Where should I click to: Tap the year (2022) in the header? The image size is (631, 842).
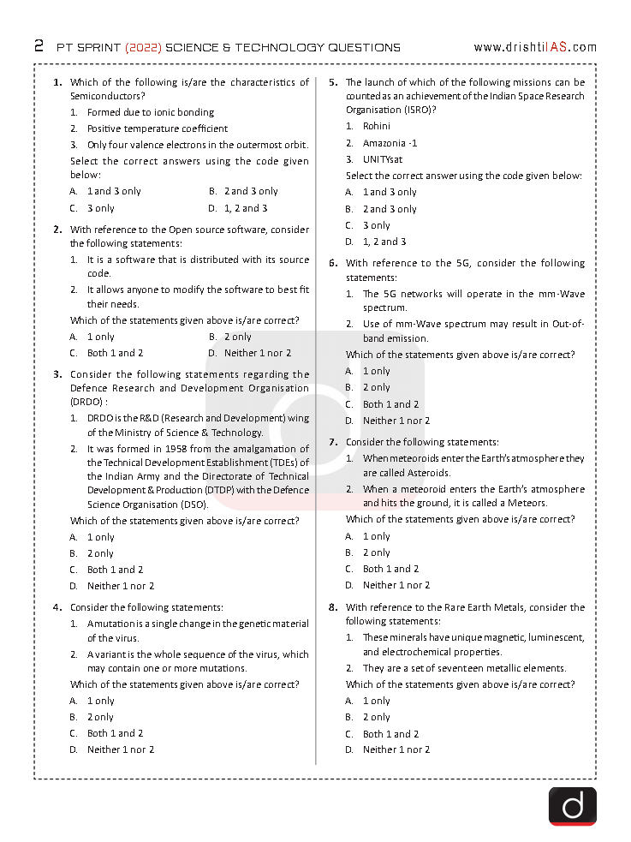(143, 47)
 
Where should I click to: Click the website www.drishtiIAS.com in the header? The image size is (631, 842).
(535, 47)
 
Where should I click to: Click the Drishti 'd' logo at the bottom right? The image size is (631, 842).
(572, 805)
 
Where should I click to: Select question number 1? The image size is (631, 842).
(57, 82)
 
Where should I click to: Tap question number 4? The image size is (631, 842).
(57, 606)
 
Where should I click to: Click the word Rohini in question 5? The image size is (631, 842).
(377, 126)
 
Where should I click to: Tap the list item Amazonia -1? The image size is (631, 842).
(390, 143)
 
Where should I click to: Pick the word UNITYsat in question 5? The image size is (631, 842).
(383, 159)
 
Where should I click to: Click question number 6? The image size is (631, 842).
(333, 263)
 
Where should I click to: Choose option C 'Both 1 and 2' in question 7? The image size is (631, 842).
(390, 569)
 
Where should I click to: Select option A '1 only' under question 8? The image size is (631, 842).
(376, 701)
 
